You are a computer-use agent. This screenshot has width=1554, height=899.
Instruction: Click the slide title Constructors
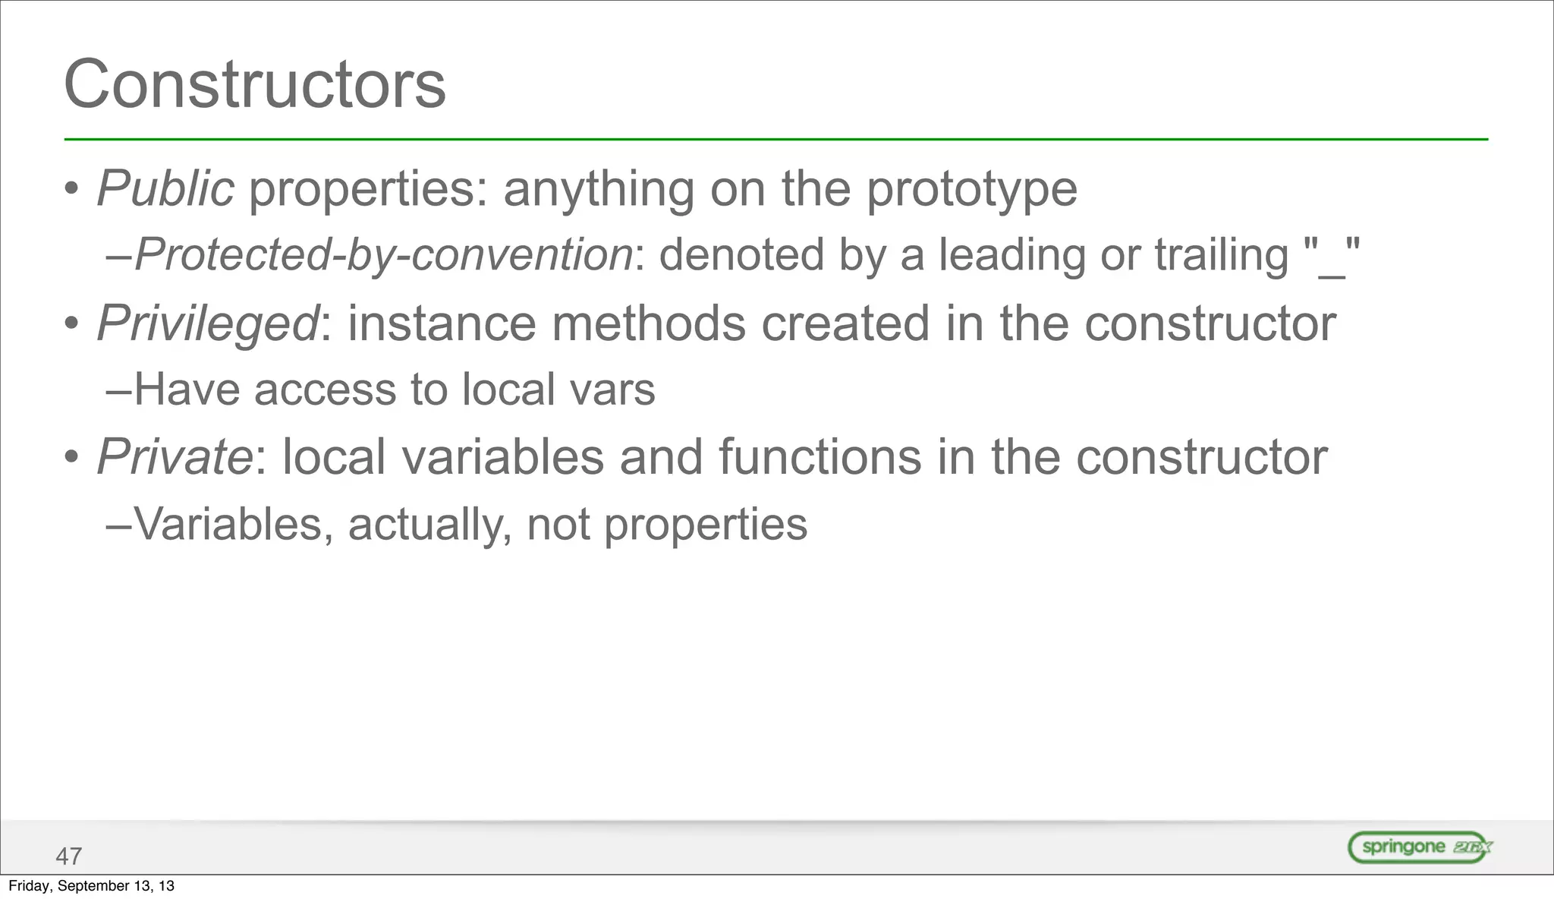click(x=255, y=84)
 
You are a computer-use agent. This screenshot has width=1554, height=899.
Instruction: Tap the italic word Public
click(x=165, y=188)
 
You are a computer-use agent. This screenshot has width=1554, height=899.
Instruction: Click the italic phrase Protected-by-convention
click(x=384, y=254)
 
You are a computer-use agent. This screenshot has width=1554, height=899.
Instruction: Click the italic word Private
click(x=175, y=457)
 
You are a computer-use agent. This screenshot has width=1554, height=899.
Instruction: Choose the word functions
click(x=819, y=457)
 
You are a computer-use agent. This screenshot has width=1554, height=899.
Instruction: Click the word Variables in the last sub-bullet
click(x=228, y=524)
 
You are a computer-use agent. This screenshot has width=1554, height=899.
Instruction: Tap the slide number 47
click(x=68, y=856)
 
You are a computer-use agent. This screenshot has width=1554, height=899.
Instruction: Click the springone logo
click(x=1420, y=847)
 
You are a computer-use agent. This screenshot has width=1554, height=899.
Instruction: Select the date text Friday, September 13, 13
click(x=91, y=886)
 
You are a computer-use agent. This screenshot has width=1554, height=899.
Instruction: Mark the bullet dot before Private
click(x=71, y=459)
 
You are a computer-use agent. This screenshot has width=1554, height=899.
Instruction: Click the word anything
click(x=598, y=190)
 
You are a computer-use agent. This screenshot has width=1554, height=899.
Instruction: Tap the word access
click(x=326, y=390)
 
